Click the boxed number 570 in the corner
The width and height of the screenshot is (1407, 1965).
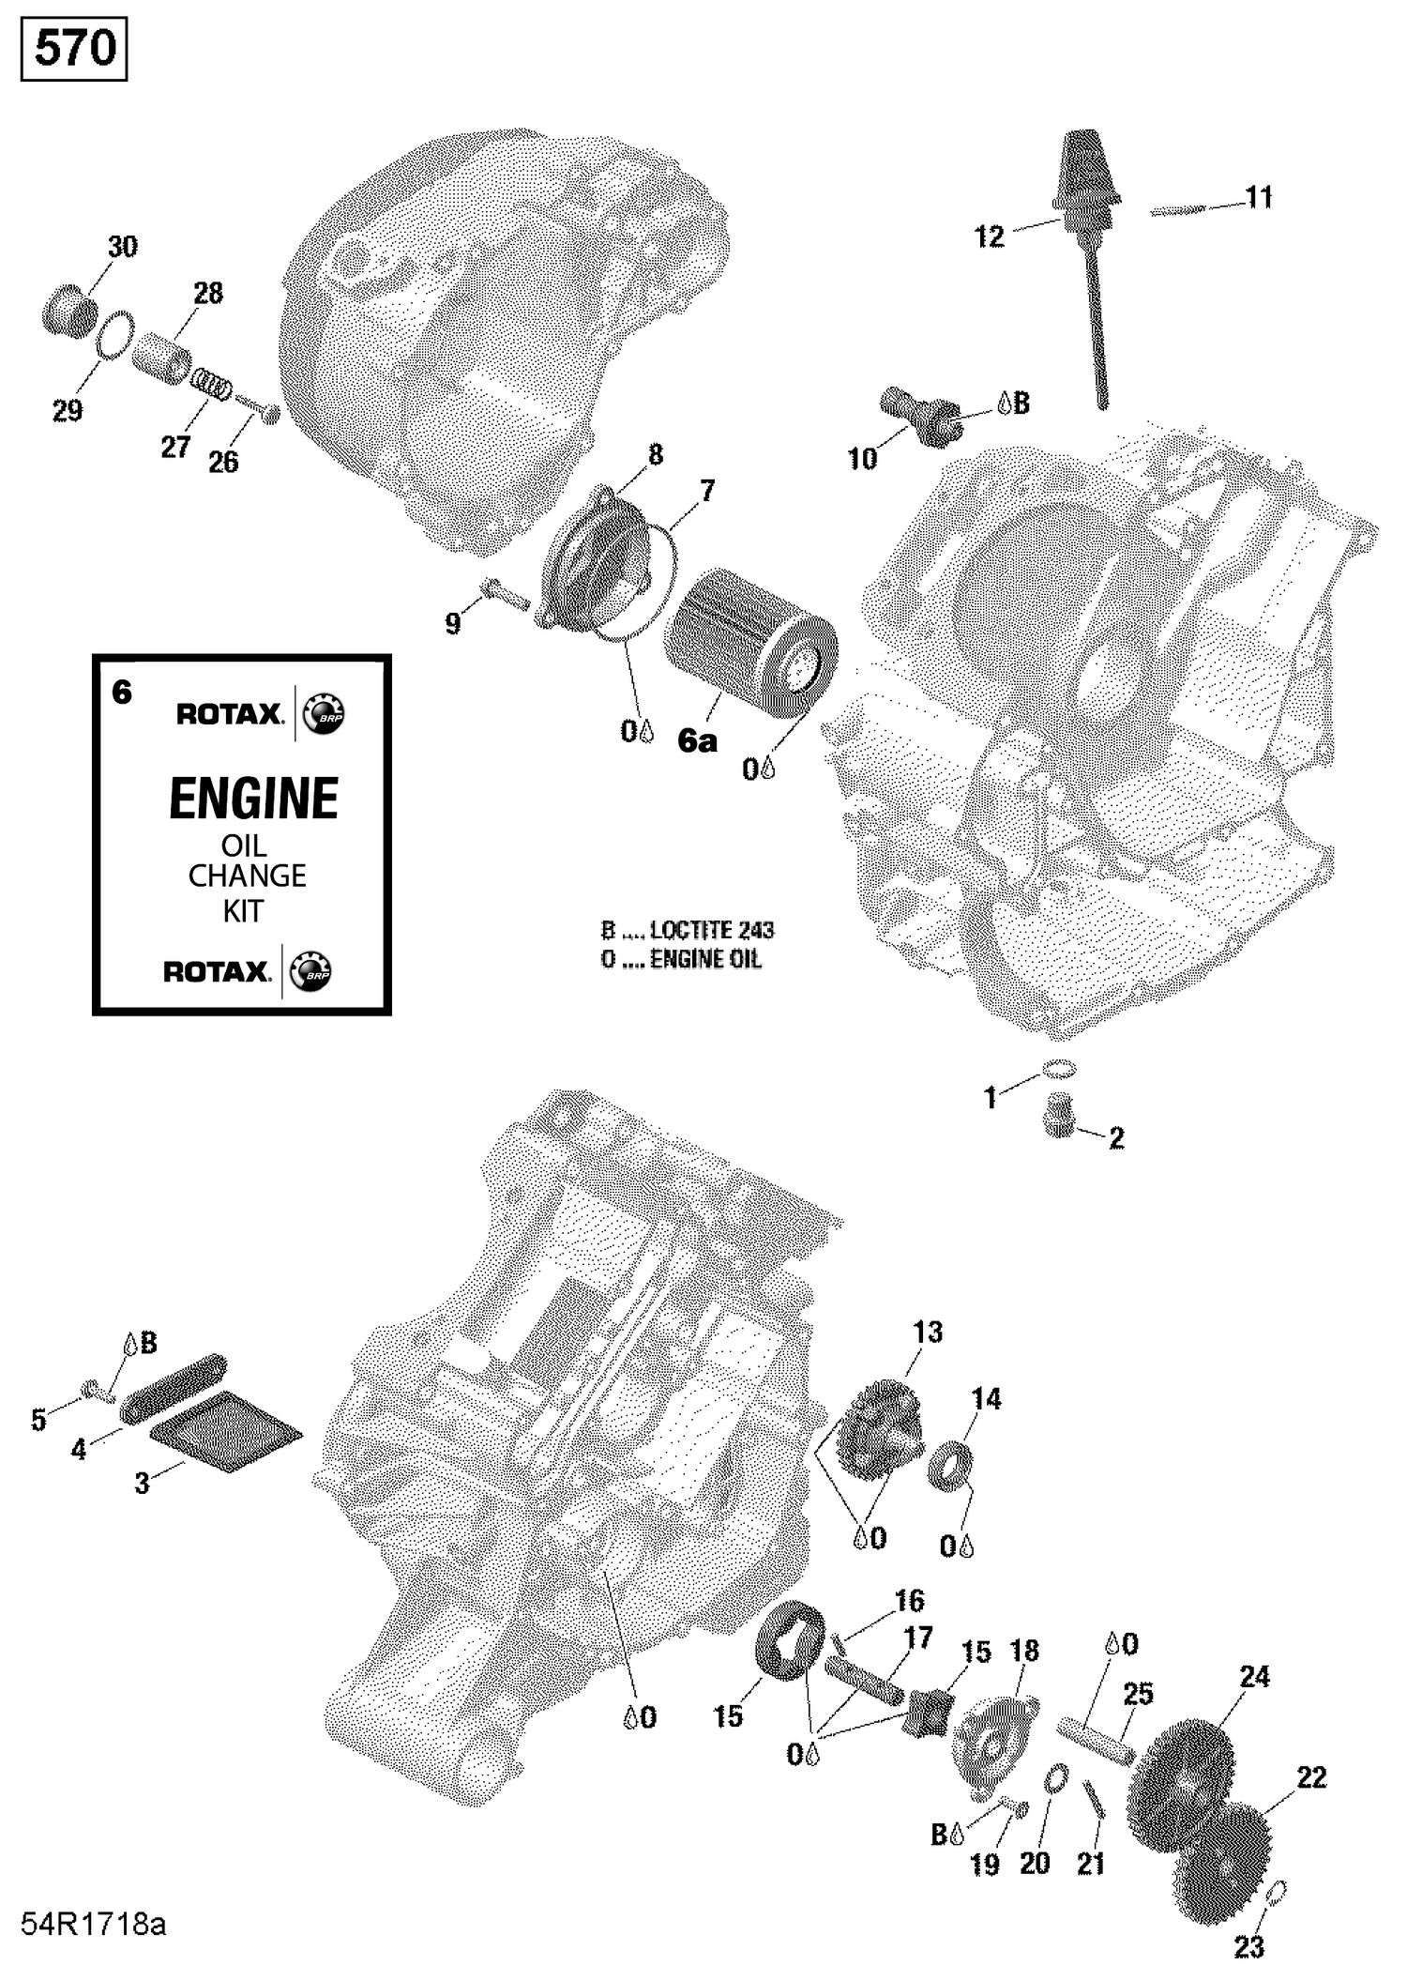coord(74,49)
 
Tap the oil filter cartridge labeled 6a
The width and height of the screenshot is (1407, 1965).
coord(750,643)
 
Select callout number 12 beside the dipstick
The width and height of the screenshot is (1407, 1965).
coord(990,236)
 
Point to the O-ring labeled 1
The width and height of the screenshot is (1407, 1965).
coord(1058,1069)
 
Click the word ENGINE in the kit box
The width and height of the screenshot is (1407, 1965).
coord(253,799)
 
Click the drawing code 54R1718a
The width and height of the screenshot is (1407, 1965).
coord(94,1925)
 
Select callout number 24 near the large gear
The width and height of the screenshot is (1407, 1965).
coord(1254,1676)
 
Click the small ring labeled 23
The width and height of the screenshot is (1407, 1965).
coord(1277,1892)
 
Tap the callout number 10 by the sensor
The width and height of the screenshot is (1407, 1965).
coord(862,459)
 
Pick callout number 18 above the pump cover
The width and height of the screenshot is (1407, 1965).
coord(1024,1652)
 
